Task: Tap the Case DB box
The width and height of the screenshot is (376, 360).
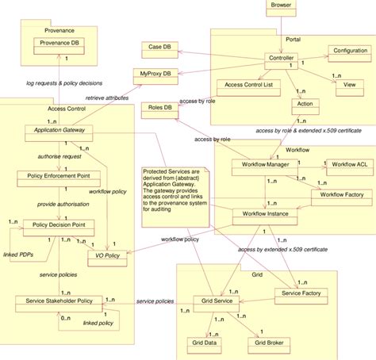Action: click(158, 48)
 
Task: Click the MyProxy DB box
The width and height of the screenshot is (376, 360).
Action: click(155, 75)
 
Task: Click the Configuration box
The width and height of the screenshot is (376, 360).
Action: click(350, 50)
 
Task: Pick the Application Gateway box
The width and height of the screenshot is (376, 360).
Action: click(60, 129)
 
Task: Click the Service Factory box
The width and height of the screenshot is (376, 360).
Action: click(300, 293)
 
